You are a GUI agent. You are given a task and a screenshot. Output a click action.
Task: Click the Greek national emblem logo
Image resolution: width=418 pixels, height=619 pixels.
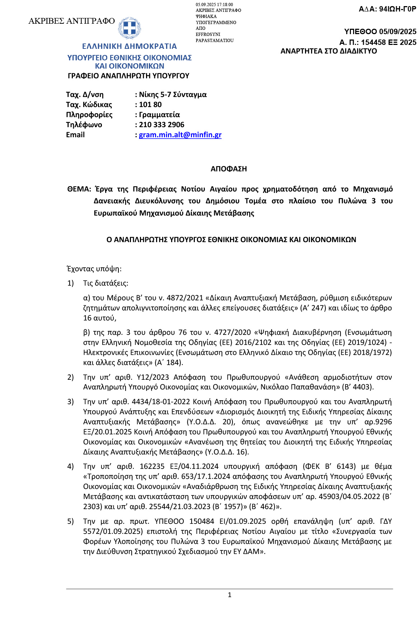(130, 28)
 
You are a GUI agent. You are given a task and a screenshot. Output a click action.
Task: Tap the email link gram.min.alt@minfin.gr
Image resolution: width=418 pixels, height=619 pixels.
(180, 135)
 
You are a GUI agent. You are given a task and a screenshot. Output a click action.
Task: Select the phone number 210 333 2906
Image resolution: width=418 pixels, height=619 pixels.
(161, 125)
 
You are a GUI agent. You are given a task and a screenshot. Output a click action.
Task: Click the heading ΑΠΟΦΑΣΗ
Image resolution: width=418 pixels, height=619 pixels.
(229, 169)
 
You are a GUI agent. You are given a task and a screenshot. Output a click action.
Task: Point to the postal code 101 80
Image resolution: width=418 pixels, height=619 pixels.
(150, 105)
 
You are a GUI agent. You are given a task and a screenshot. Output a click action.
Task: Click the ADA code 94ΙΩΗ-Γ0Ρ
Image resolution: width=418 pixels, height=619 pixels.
(398, 9)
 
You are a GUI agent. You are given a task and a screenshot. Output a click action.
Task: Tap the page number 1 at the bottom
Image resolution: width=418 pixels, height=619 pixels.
(230, 595)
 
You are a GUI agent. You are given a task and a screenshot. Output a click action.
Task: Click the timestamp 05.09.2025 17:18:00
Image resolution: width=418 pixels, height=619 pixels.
(214, 4)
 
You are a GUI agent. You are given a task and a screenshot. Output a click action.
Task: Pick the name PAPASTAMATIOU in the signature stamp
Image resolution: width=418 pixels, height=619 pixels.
(215, 41)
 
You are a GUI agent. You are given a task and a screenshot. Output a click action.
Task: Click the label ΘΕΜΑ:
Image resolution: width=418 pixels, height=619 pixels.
(79, 189)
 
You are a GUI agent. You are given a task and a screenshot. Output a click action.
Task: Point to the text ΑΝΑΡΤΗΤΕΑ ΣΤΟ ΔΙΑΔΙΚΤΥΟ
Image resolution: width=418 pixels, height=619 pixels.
(329, 51)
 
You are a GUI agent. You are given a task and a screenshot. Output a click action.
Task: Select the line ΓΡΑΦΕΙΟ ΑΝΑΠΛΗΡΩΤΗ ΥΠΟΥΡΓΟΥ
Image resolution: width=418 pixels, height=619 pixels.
(128, 76)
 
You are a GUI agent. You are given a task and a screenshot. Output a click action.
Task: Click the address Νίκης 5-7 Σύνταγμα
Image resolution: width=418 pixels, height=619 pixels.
(173, 94)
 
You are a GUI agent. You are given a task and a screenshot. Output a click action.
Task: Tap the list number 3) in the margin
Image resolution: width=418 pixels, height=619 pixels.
(70, 402)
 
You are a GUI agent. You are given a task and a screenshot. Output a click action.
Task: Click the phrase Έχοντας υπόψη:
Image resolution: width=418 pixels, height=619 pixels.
(94, 269)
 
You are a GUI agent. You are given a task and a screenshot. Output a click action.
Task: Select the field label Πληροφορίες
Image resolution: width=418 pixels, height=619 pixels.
(89, 115)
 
